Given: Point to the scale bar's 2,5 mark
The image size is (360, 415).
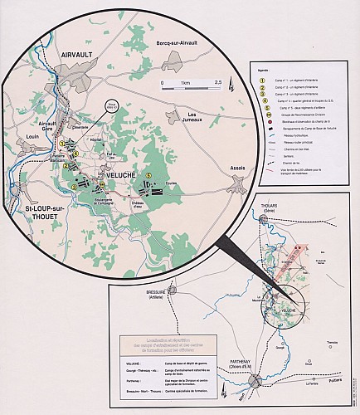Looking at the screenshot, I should (x=217, y=83).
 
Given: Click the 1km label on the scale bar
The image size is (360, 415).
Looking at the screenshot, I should (x=186, y=83).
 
